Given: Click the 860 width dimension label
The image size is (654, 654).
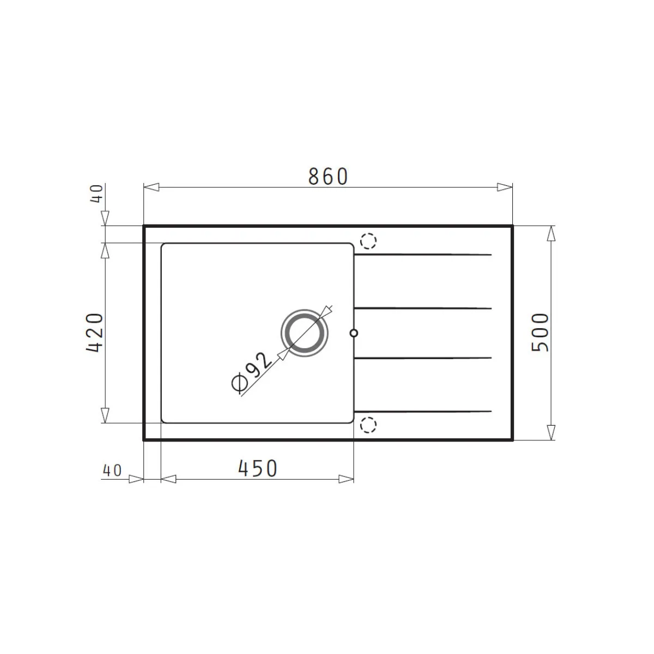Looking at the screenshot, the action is point(328,177).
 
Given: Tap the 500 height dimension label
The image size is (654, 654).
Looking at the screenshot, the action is point(540,332).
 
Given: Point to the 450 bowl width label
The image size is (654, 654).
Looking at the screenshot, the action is point(258,468).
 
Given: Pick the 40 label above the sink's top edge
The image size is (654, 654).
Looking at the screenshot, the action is point(96,194).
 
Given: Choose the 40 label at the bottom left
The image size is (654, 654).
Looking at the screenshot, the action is point(112,470).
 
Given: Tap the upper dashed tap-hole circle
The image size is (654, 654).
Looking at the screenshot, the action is point(368,241).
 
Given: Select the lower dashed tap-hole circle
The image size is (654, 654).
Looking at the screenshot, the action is point(368,425).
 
